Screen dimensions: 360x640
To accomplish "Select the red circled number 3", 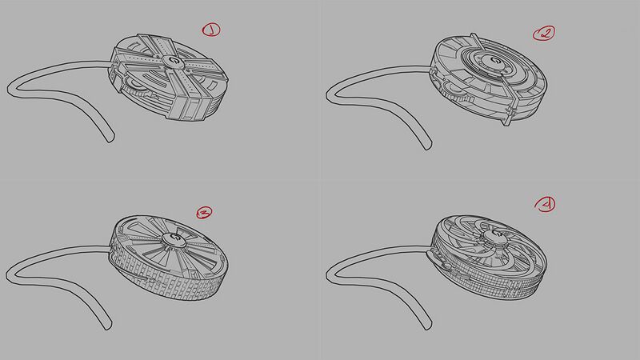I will pyautogui.click(x=203, y=213).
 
